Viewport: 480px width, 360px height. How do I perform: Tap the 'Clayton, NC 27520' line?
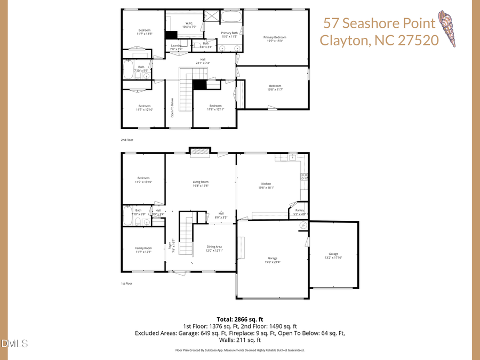[379, 40]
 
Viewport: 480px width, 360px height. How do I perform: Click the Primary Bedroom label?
[275, 39]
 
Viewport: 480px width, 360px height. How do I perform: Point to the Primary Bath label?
[229, 35]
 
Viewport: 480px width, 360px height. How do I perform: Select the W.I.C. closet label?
[189, 25]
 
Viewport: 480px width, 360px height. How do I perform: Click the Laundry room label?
[177, 47]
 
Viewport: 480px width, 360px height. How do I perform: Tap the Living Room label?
[201, 183]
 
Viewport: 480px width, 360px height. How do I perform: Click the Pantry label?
[300, 212]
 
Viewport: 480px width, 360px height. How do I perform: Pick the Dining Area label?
[214, 248]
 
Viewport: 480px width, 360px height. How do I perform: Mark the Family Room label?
[143, 250]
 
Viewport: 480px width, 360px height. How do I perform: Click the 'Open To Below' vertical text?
[172, 108]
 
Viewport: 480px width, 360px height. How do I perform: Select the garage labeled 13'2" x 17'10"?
[333, 255]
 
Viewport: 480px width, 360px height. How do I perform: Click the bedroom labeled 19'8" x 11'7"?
[275, 87]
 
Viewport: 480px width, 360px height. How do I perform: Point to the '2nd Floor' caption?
[127, 140]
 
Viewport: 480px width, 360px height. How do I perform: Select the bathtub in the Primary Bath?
[231, 16]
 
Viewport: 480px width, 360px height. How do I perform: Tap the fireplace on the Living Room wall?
[201, 151]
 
